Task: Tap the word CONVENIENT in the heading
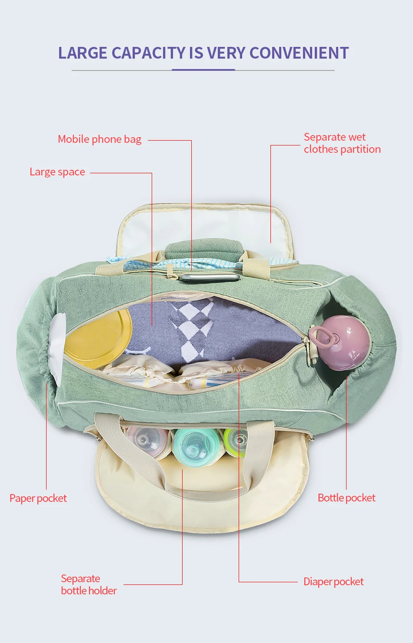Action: [x=299, y=53]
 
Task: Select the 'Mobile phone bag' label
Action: [x=100, y=139]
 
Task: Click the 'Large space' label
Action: [x=57, y=172]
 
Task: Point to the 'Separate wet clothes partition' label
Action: [x=342, y=143]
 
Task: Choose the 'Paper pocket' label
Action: [x=38, y=498]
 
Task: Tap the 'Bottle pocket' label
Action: [x=346, y=498]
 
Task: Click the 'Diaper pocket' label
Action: [x=333, y=582]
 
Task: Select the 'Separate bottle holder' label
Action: [x=89, y=584]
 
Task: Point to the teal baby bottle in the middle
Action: [x=196, y=447]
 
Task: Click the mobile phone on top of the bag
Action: [x=210, y=277]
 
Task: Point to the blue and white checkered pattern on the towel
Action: [x=191, y=326]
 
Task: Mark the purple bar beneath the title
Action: [x=203, y=69]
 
